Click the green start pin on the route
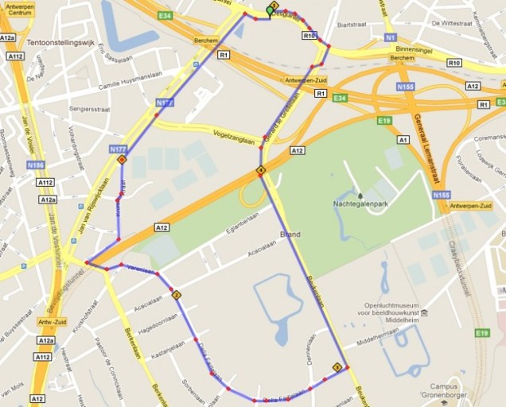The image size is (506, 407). (270, 10)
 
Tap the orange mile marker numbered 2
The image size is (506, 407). (176, 295)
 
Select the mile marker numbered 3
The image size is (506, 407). (337, 366)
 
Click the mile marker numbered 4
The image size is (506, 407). (260, 171)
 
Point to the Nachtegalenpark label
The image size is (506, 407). (360, 204)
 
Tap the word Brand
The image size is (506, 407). (290, 234)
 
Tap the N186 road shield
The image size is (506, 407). (35, 165)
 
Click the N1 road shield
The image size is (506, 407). (390, 37)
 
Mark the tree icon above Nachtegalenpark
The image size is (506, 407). (360, 195)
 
